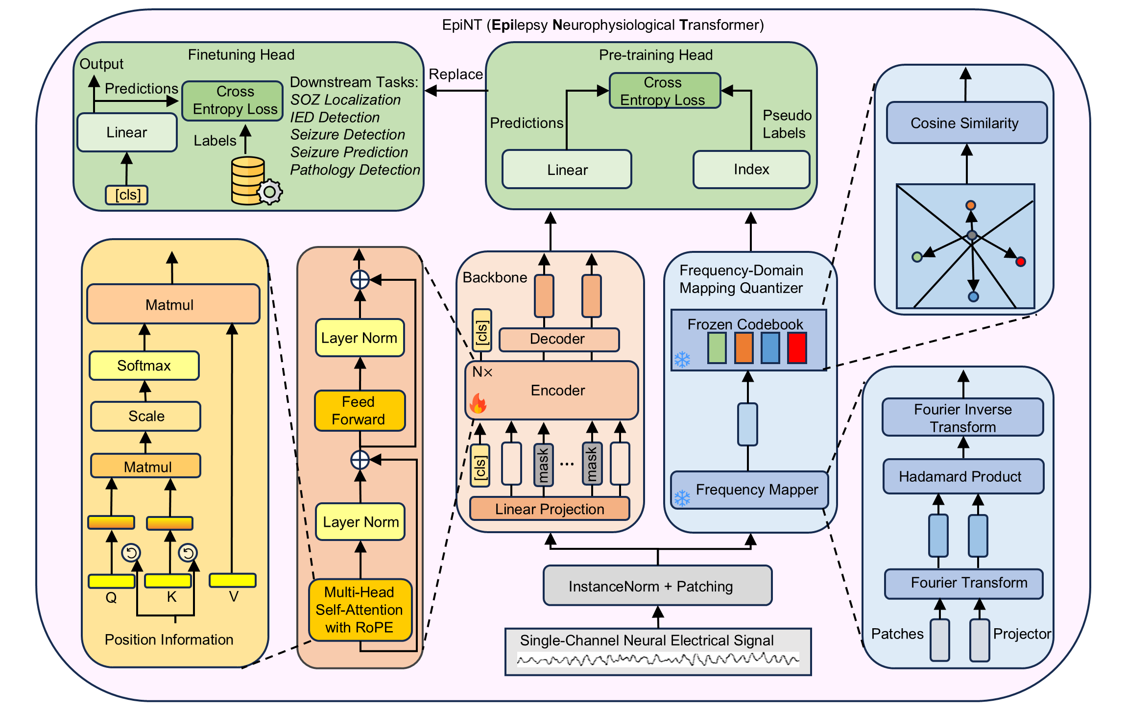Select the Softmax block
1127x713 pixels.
pyautogui.click(x=144, y=366)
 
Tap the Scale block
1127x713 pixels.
pyautogui.click(x=145, y=416)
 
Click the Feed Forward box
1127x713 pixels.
pyautogui.click(x=360, y=411)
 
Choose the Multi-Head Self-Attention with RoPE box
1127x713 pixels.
pyautogui.click(x=360, y=610)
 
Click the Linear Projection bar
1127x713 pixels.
pyautogui.click(x=550, y=509)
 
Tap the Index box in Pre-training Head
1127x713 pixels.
pyautogui.click(x=751, y=170)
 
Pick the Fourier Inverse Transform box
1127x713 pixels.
pyautogui.click(x=962, y=418)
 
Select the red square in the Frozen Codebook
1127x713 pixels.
pyautogui.click(x=797, y=348)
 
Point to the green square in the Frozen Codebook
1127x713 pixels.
pyautogui.click(x=717, y=348)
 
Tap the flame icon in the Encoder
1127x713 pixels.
pyautogui.click(x=478, y=404)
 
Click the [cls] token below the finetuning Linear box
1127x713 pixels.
pyautogui.click(x=127, y=195)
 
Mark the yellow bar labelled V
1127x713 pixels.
pyautogui.click(x=233, y=580)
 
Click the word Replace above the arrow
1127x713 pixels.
pyautogui.click(x=456, y=74)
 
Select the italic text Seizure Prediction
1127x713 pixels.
pyautogui.click(x=349, y=152)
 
